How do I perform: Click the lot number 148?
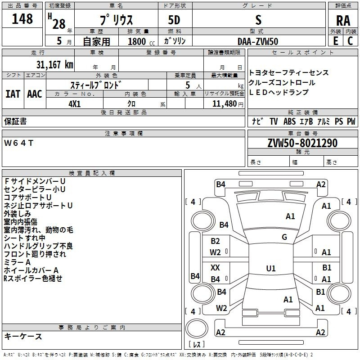tap(22, 19)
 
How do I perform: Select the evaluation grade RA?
tap(343, 21)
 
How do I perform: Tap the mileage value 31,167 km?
tap(54, 65)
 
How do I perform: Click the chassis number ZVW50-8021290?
tap(302, 143)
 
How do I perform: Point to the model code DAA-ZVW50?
tap(258, 41)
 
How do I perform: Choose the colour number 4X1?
tap(75, 104)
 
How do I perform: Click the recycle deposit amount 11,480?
tap(225, 104)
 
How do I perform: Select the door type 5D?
tap(174, 20)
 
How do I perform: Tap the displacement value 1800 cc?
tap(141, 41)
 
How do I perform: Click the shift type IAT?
tap(13, 94)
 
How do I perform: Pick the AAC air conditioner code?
tap(35, 94)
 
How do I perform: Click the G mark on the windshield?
tap(284, 237)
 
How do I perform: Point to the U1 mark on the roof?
tap(271, 268)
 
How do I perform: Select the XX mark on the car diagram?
tap(215, 267)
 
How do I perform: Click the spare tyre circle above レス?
tap(197, 328)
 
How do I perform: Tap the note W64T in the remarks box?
tap(18, 143)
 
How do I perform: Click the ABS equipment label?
tap(289, 121)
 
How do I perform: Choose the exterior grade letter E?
tap(336, 41)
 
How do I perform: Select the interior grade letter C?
tap(350, 41)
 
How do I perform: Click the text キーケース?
tap(23, 336)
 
